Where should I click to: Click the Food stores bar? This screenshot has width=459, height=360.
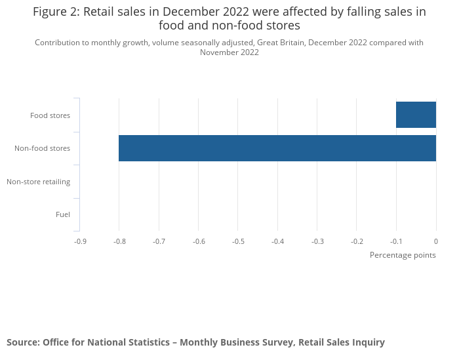click(416, 115)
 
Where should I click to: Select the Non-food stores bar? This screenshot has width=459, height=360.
click(277, 148)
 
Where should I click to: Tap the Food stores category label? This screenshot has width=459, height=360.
click(50, 116)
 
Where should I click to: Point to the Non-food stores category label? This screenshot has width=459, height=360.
click(42, 149)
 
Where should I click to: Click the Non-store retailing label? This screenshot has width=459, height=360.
click(38, 182)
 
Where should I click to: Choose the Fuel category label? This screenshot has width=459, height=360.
click(63, 214)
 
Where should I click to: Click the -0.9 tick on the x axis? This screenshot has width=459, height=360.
click(79, 241)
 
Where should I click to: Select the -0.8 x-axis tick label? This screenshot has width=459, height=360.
click(119, 241)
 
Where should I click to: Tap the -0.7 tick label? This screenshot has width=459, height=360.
click(159, 241)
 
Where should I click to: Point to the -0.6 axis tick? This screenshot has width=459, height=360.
click(198, 241)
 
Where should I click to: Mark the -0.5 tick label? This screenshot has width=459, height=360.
click(238, 241)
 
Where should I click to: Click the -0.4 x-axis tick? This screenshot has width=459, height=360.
click(277, 241)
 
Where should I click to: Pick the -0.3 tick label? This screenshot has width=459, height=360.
click(317, 241)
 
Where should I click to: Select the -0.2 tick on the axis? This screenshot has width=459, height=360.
click(357, 241)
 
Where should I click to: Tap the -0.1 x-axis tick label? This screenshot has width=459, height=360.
click(396, 241)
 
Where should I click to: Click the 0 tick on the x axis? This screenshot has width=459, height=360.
click(436, 241)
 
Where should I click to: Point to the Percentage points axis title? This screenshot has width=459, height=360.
click(403, 255)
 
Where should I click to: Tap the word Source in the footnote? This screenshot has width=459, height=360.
click(22, 342)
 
